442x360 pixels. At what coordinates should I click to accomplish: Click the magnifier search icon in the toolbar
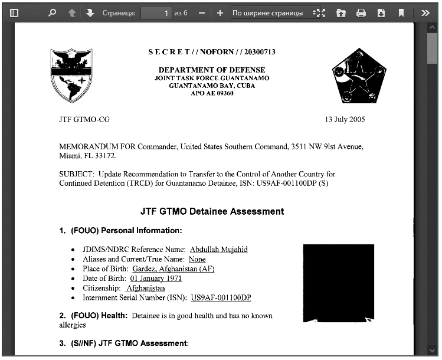click(x=52, y=12)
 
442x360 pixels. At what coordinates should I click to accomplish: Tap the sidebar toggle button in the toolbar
click(x=15, y=12)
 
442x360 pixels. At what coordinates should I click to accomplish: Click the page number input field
click(x=156, y=12)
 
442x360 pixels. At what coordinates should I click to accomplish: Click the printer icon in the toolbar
click(x=361, y=12)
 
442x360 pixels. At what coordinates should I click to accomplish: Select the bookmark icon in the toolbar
click(x=401, y=12)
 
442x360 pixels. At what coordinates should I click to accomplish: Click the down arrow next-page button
click(x=90, y=12)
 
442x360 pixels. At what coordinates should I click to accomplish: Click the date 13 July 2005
click(x=345, y=119)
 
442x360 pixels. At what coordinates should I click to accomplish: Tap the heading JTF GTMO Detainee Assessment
click(x=212, y=211)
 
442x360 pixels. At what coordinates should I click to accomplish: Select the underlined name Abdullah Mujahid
click(x=218, y=250)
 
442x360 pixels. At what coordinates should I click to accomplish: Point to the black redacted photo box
click(x=338, y=283)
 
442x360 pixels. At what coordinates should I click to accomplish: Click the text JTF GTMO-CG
click(x=84, y=119)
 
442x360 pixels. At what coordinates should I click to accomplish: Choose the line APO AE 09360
click(x=212, y=93)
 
